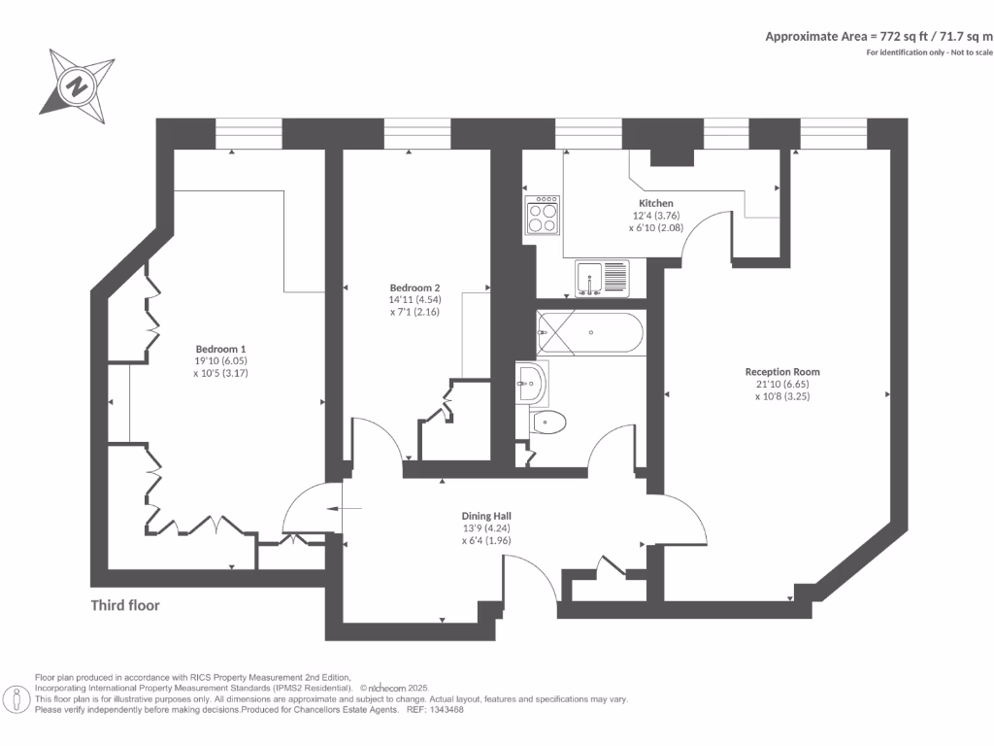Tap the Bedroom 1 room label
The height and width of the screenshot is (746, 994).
pos(221,349)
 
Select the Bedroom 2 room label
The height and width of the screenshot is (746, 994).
pos(415,288)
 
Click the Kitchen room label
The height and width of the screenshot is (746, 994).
pos(655,203)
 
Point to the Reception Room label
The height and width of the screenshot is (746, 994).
pos(782,372)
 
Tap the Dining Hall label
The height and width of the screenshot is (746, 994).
pos(486,516)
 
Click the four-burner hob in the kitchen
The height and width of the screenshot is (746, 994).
pos(543,216)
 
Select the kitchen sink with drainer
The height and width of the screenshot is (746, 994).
pos(602,278)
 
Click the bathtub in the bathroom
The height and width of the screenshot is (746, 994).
pos(589,333)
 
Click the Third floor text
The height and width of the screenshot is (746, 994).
pos(125,605)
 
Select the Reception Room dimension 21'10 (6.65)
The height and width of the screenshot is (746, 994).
pos(782,385)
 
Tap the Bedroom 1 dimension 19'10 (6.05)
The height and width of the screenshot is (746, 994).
pos(221,361)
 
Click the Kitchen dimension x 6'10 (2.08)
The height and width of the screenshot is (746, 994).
pos(655,227)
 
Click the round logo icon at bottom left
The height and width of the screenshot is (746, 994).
pos(16,697)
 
